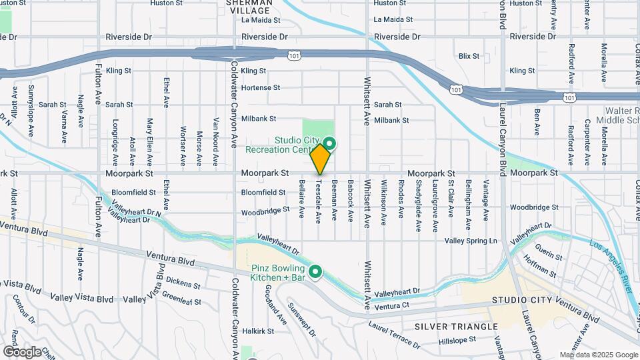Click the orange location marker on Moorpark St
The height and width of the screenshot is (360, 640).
[x=321, y=159]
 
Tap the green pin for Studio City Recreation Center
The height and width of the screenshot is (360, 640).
[x=330, y=143]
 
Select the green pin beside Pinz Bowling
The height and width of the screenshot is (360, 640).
[x=315, y=271]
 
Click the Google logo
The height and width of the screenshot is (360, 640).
[x=22, y=351]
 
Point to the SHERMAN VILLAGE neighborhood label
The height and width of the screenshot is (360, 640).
[x=249, y=7]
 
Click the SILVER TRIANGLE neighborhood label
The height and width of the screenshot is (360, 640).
[x=456, y=327]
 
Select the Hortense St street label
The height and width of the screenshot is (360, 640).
[x=261, y=88]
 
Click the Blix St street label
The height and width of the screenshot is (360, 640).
[x=469, y=56]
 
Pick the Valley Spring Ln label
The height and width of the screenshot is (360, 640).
[x=471, y=241]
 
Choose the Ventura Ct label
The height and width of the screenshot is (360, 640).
[x=391, y=307]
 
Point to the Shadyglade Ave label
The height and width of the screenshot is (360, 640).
[x=418, y=205]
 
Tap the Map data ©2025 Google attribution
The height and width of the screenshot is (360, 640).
[x=598, y=355]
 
